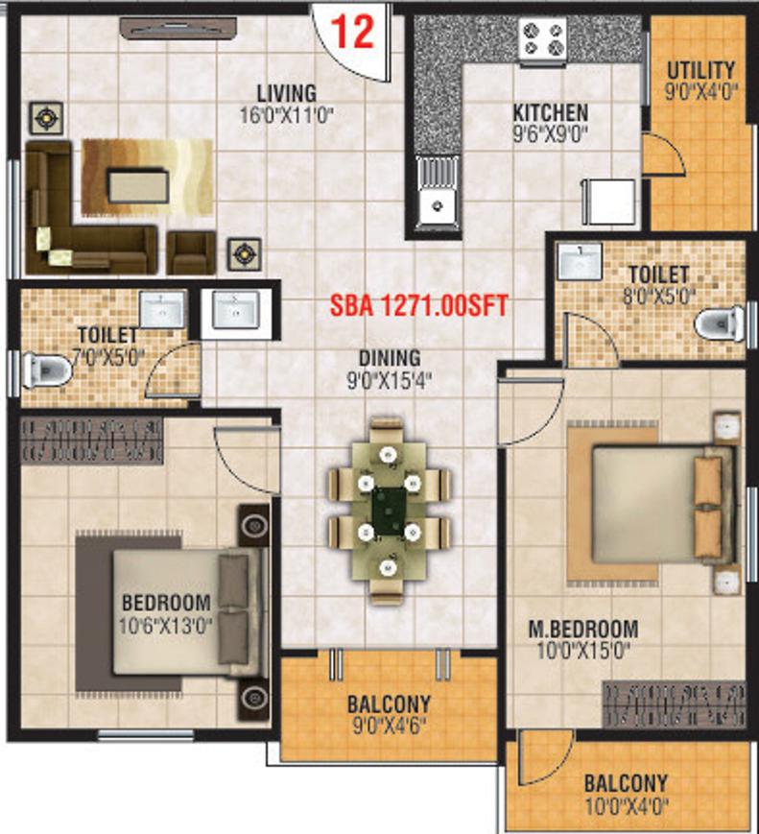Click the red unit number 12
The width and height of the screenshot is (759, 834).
[x=353, y=32]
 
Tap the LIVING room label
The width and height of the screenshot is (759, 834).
[x=287, y=93]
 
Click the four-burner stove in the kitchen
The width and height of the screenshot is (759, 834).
[x=542, y=39]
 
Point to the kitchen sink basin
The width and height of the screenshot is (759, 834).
[x=439, y=204]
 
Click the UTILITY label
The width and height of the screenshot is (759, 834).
[x=701, y=71]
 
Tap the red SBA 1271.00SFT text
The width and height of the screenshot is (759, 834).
[x=419, y=306]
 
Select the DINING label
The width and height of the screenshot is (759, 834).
[x=390, y=358]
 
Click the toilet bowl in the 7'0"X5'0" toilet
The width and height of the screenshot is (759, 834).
[x=46, y=369]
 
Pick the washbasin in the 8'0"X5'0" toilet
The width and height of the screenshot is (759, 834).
[x=580, y=261]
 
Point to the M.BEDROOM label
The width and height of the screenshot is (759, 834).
[x=583, y=630]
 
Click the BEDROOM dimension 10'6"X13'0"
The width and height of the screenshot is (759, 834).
[x=165, y=626]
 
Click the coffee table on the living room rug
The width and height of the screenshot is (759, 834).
[x=138, y=185]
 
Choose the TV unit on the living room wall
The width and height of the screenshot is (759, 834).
[x=178, y=28]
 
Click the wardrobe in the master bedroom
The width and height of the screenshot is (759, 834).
[x=675, y=704]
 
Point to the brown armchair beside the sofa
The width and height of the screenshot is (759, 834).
[x=191, y=252]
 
